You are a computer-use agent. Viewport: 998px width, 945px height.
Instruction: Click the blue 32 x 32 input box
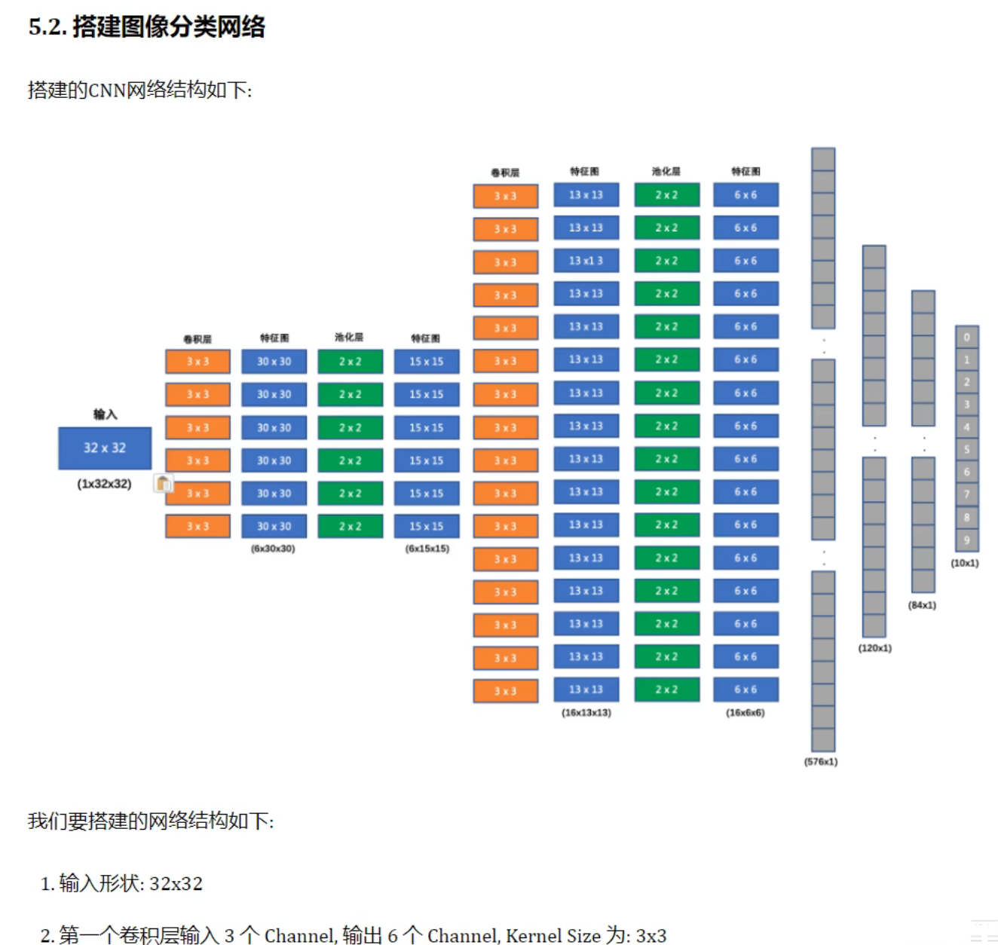105,448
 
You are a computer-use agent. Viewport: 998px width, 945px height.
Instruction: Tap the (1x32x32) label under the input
104,484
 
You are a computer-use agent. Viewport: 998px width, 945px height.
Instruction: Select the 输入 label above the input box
105,414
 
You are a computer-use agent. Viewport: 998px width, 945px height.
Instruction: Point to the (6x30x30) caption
273,549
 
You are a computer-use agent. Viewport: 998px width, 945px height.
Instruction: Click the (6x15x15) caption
427,549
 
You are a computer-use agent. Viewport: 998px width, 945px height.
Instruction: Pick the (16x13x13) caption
586,712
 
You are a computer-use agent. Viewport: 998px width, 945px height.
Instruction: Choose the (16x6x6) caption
745,712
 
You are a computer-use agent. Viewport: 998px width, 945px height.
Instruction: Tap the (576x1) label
821,762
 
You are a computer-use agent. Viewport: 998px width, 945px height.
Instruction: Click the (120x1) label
875,648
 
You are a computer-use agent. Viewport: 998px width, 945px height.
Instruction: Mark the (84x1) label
923,605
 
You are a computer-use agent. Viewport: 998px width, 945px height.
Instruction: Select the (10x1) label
965,563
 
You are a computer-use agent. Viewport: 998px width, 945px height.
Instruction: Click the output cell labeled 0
966,337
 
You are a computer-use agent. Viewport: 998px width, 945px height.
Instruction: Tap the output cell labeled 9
966,540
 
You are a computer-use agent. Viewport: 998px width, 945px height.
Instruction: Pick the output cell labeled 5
966,450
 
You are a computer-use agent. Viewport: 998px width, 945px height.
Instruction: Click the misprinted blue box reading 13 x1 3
586,261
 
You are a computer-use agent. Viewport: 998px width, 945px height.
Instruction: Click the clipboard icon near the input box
164,483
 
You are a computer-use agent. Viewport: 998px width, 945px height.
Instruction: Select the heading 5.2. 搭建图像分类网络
147,27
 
